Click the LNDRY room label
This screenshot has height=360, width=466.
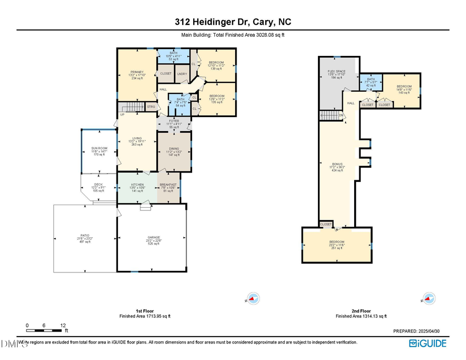click(x=182, y=74)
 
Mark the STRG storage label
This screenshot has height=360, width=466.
click(x=151, y=107)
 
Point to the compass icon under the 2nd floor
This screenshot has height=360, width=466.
click(x=427, y=299)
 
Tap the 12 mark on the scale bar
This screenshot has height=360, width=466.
click(x=63, y=326)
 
